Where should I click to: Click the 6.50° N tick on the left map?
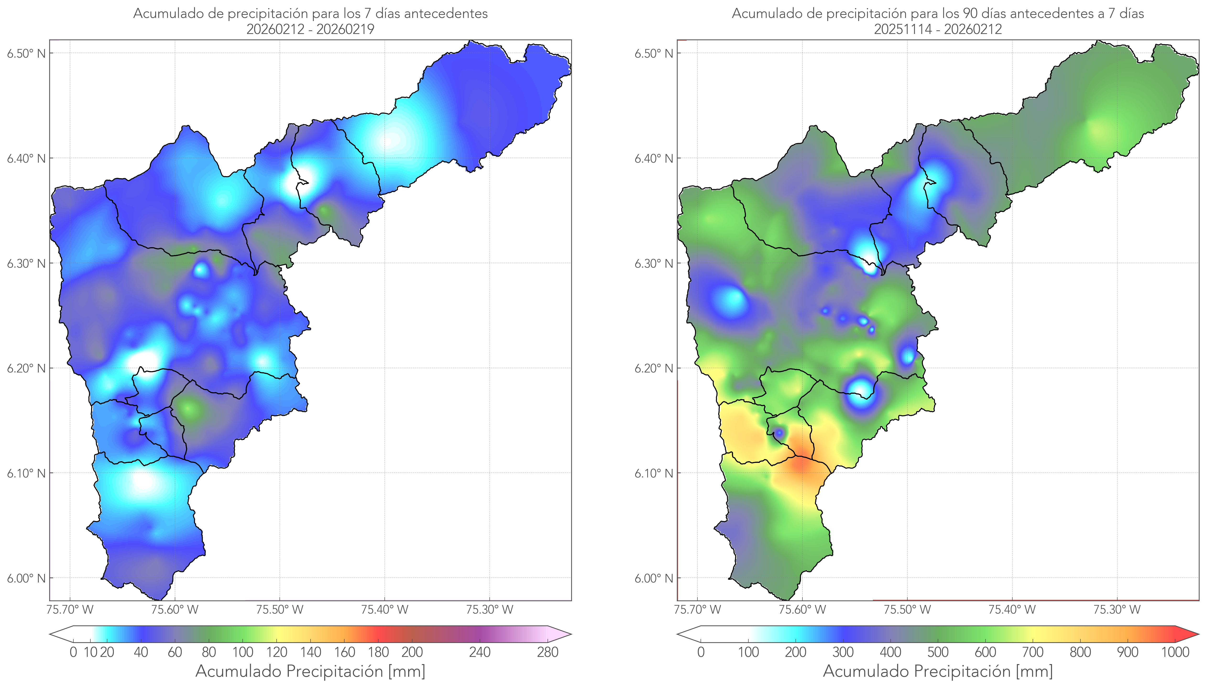[27, 53]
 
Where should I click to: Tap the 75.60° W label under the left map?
[175, 610]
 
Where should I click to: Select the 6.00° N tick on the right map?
[654, 578]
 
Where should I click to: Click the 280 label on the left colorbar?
[548, 653]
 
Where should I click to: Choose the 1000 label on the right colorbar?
[1175, 653]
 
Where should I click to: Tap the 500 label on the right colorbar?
[938, 653]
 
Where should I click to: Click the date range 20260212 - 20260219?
[310, 29]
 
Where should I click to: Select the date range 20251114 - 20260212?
[938, 29]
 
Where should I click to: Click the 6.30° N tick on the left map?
[27, 263]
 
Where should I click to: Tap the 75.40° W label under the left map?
[384, 610]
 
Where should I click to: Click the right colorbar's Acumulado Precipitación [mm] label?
[938, 671]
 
